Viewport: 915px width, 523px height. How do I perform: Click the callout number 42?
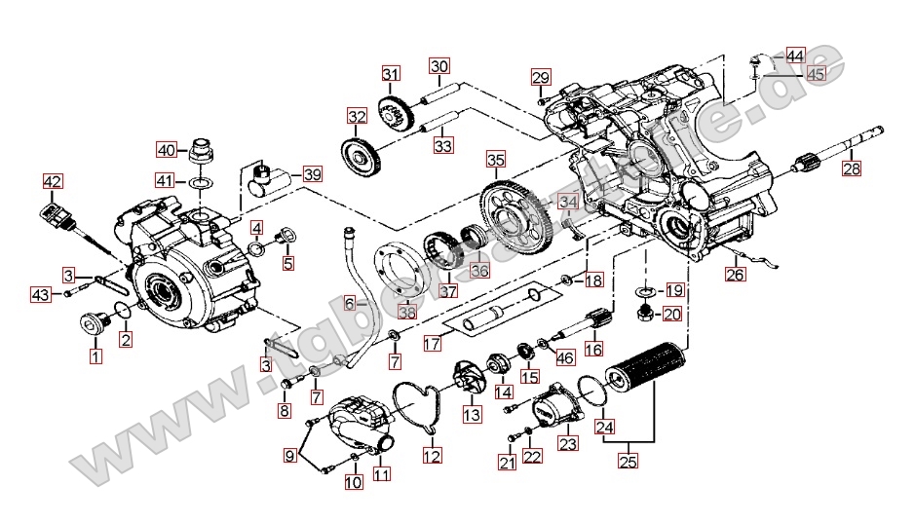52,181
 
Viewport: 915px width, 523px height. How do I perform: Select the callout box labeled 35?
495,159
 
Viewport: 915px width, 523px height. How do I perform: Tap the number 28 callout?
852,168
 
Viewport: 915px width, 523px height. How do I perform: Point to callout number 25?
629,462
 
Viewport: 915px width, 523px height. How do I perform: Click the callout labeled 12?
432,455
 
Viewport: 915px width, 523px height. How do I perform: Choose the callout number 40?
167,150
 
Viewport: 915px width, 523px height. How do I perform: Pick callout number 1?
95,356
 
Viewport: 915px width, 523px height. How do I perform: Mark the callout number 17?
433,343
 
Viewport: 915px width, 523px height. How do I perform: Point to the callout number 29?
541,77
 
